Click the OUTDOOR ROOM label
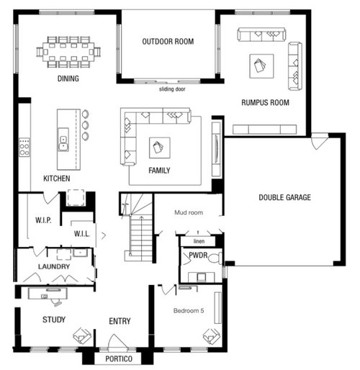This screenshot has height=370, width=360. click(x=168, y=42)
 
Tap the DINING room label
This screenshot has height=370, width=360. click(x=68, y=78)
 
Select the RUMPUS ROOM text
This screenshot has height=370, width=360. click(x=265, y=103)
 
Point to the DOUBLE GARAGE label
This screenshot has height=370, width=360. click(x=284, y=198)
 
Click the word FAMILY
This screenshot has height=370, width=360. click(x=160, y=171)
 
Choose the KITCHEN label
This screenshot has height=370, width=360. click(x=56, y=178)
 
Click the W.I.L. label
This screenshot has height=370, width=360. click(x=81, y=233)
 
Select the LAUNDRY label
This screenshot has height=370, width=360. click(x=54, y=267)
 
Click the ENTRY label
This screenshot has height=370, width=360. click(x=120, y=321)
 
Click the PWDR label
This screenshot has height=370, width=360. click(x=198, y=255)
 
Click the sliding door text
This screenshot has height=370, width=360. click(x=171, y=89)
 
